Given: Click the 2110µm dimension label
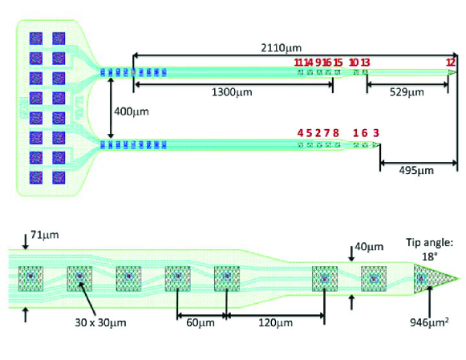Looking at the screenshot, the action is coord(282,47).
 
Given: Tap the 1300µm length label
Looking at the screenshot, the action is coord(232,92).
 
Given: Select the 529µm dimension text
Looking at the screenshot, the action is coord(407,92).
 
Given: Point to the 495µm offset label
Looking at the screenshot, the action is coord(416,171).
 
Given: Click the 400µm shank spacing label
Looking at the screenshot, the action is coord(132,111).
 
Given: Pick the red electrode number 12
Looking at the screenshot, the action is coord(451,63).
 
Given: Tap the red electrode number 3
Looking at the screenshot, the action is coord(376,133).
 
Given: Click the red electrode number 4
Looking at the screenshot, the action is coord(301,133).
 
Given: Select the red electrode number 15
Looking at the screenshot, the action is coord(338,63).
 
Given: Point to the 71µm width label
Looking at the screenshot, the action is coord(45,235).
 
